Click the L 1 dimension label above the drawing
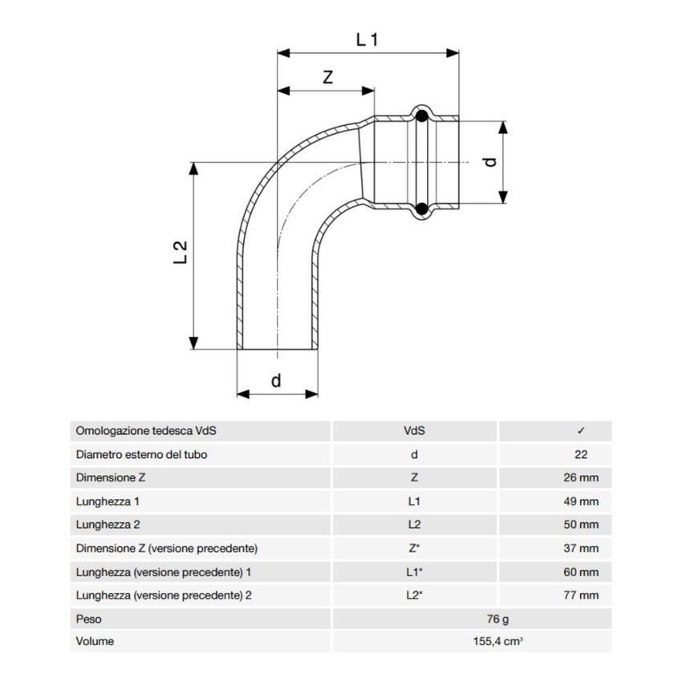tap(366, 39)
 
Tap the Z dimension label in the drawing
tap(327, 77)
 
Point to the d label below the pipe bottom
tap(276, 380)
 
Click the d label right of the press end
tap(491, 160)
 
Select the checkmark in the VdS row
tap(582, 431)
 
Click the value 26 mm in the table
tap(582, 478)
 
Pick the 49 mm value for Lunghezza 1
tap(582, 501)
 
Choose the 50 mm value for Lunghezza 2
tap(582, 525)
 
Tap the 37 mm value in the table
tap(582, 549)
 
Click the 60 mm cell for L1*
tap(582, 572)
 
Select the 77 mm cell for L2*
tap(582, 595)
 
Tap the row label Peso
tap(89, 619)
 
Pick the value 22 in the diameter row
tap(582, 454)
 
